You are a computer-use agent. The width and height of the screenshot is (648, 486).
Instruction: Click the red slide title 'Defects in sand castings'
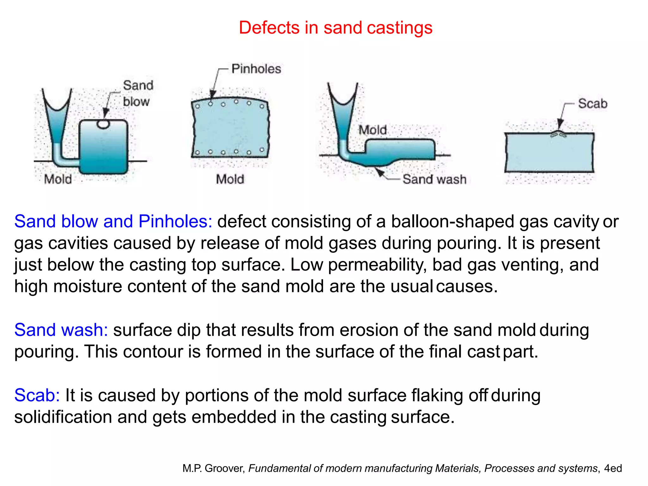click(x=335, y=28)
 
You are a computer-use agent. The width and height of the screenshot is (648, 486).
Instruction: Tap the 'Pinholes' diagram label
click(x=256, y=69)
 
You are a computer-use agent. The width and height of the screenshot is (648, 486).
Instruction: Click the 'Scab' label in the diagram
click(x=593, y=103)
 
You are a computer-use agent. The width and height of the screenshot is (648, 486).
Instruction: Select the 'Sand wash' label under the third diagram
click(x=434, y=179)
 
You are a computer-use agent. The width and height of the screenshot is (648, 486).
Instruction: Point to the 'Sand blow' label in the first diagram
click(x=138, y=93)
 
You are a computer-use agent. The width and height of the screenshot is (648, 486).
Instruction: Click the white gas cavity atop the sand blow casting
click(x=103, y=124)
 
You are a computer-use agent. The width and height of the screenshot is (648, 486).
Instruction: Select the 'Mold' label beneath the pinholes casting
click(x=230, y=179)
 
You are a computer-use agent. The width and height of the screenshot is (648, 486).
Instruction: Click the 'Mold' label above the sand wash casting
click(x=372, y=130)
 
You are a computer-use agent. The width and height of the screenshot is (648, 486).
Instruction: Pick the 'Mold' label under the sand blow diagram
click(x=58, y=179)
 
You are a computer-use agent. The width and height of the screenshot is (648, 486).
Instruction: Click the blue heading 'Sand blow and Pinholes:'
click(x=113, y=221)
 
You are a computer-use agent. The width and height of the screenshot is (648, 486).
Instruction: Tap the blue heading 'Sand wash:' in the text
click(x=61, y=330)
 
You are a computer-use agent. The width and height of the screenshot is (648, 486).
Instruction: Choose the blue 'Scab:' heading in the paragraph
click(x=37, y=395)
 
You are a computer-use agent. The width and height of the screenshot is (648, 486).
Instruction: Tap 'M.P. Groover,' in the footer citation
click(x=214, y=468)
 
